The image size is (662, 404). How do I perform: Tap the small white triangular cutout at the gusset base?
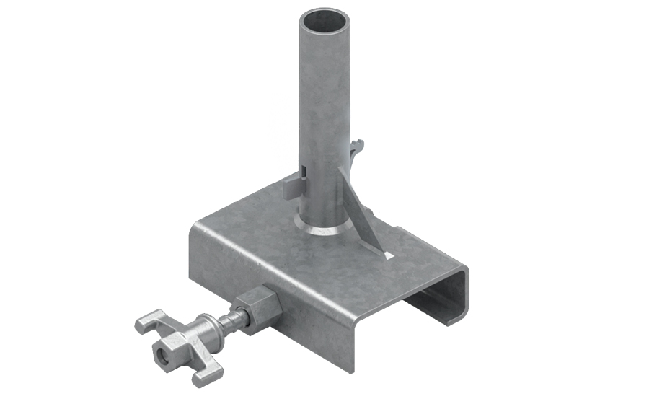click(x=388, y=255)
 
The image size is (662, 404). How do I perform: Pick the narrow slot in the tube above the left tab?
click(x=305, y=173)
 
